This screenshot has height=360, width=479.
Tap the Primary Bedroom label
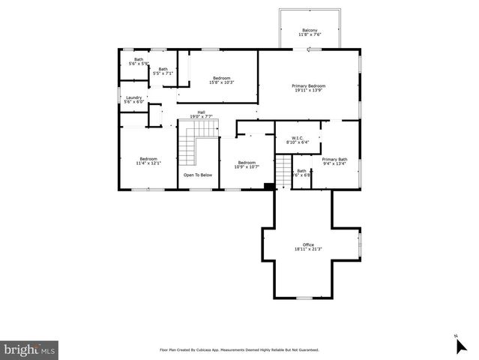pyautogui.click(x=308, y=86)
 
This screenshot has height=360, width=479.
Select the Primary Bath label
pyautogui.click(x=334, y=159)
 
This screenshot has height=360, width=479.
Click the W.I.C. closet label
pyautogui.click(x=286, y=137)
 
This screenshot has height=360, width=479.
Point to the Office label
pyautogui.click(x=308, y=245)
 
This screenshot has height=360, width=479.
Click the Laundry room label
pyautogui.click(x=133, y=97)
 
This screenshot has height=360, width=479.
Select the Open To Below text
pyautogui.click(x=198, y=175)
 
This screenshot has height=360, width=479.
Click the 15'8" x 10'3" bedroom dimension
pyautogui.click(x=221, y=82)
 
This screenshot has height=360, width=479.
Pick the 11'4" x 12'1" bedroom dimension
pyautogui.click(x=148, y=163)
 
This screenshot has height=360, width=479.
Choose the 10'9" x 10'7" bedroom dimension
pyautogui.click(x=247, y=167)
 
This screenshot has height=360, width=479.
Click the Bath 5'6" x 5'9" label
pyautogui.click(x=139, y=64)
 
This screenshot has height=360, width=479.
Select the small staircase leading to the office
pyautogui.click(x=283, y=172)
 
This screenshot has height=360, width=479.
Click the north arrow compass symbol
pyautogui.click(x=460, y=344)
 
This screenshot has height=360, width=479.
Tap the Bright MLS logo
pyautogui.click(x=30, y=349)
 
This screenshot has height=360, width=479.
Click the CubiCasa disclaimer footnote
pyautogui.click(x=239, y=349)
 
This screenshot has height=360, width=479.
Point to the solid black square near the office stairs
pyautogui.click(x=269, y=186)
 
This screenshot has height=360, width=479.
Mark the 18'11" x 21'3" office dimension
pyautogui.click(x=308, y=250)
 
